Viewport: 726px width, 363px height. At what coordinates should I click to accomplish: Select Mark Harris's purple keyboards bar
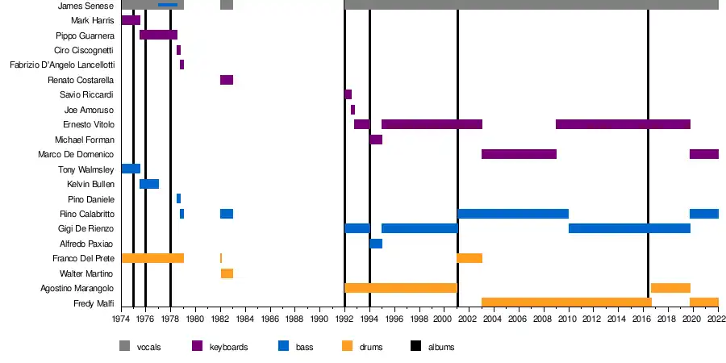(x=131, y=20)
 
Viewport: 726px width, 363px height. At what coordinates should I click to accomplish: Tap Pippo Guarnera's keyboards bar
(x=158, y=35)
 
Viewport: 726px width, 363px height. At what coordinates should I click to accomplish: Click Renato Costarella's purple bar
(x=227, y=80)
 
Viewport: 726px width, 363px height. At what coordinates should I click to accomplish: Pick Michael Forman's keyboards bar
(x=376, y=140)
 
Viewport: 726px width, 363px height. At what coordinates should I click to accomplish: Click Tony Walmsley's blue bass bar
(x=131, y=169)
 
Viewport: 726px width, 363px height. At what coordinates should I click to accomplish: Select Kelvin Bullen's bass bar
(x=149, y=184)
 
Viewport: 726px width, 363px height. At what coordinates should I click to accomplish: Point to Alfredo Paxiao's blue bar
(x=376, y=244)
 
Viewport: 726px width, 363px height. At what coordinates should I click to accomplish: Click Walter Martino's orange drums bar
(x=227, y=273)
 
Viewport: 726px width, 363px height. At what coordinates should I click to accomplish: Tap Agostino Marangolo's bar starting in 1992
(x=401, y=288)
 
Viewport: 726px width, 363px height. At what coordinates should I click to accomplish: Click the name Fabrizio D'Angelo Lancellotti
(x=62, y=65)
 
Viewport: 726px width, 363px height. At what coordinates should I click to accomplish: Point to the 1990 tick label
(x=320, y=319)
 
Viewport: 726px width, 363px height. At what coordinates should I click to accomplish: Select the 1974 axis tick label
(x=122, y=319)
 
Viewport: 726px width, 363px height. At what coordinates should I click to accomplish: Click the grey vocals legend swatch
(x=124, y=347)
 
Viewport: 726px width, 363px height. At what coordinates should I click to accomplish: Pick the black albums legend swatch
(x=416, y=347)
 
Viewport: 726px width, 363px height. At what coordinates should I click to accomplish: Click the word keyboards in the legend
(x=228, y=348)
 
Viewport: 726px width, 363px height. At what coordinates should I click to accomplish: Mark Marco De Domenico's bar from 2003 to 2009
(x=519, y=154)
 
